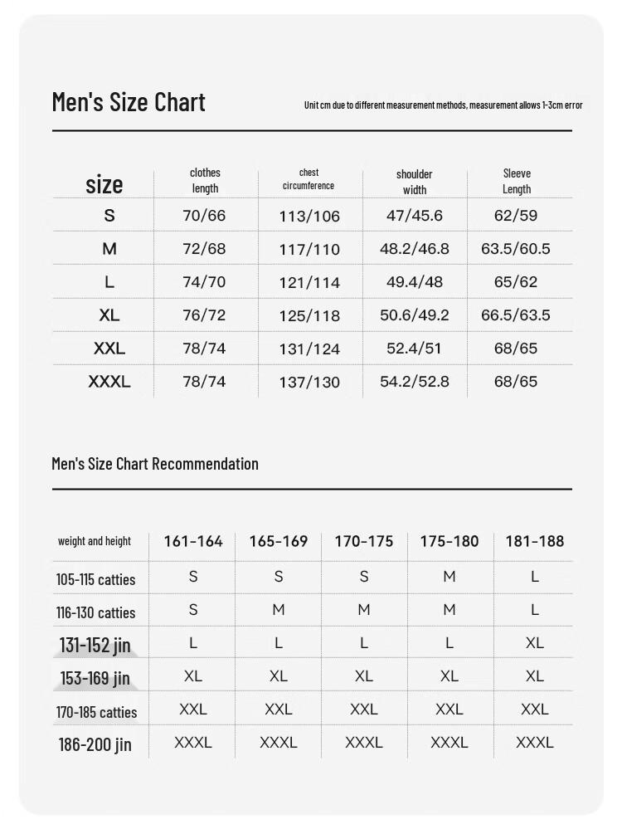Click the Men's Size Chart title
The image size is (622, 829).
click(129, 102)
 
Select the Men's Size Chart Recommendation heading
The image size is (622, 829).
click(155, 464)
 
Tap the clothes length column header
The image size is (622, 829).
click(205, 181)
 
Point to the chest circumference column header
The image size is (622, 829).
click(309, 179)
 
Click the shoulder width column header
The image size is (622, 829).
click(414, 182)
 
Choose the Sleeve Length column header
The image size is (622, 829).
click(517, 181)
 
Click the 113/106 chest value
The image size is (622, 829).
click(309, 217)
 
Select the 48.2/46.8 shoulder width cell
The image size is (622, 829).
click(414, 249)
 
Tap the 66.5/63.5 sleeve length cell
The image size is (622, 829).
click(516, 315)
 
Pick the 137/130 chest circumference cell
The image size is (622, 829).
click(309, 383)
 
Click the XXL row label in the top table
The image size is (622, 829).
click(109, 349)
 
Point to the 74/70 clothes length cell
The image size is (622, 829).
click(204, 282)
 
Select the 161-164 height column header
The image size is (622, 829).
click(193, 542)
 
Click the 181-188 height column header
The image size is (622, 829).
click(534, 542)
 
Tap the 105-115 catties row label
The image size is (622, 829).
click(95, 580)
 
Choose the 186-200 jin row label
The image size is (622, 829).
click(95, 744)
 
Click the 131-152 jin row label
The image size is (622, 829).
click(95, 645)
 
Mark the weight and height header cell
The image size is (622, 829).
click(95, 542)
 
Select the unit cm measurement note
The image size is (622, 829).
click(443, 105)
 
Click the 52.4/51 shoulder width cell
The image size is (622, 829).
click(414, 349)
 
